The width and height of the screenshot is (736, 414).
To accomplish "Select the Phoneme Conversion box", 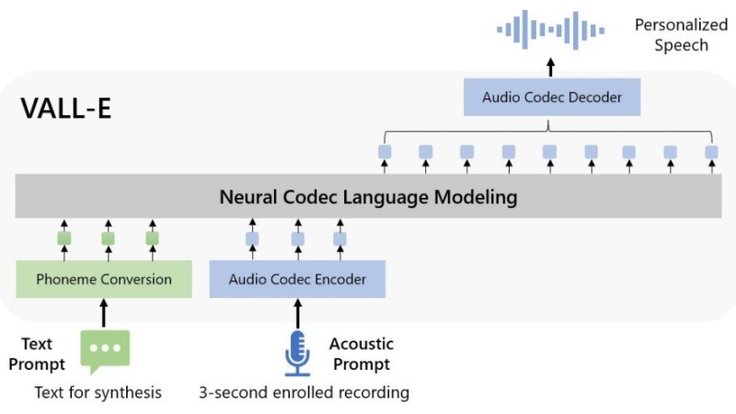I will [104, 279].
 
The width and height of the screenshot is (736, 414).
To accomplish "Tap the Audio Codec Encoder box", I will [297, 279].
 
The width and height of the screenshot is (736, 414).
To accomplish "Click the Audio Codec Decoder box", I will [550, 97].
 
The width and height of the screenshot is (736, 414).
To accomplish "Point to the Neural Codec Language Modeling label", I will [368, 197].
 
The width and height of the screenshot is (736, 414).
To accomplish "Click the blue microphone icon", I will [296, 353].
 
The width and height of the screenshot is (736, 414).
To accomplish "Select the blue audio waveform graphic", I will [550, 30].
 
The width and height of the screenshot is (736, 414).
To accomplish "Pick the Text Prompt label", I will [38, 353].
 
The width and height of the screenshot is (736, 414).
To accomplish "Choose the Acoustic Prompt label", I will [361, 353].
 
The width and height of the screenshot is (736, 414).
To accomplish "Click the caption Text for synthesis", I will [98, 393].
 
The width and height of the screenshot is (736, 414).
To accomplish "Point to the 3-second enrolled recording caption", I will [304, 393].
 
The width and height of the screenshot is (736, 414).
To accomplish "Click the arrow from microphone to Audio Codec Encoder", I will [296, 313].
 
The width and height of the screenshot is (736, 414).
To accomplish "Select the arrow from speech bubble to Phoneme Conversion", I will [104, 313].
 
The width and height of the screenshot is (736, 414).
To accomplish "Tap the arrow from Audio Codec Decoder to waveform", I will [550, 67].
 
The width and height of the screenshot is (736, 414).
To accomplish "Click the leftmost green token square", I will [64, 239].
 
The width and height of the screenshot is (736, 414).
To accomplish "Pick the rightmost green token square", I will [152, 239].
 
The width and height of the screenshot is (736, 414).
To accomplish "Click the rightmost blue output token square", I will [710, 151].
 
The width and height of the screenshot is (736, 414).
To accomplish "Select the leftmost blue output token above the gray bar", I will [385, 151].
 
